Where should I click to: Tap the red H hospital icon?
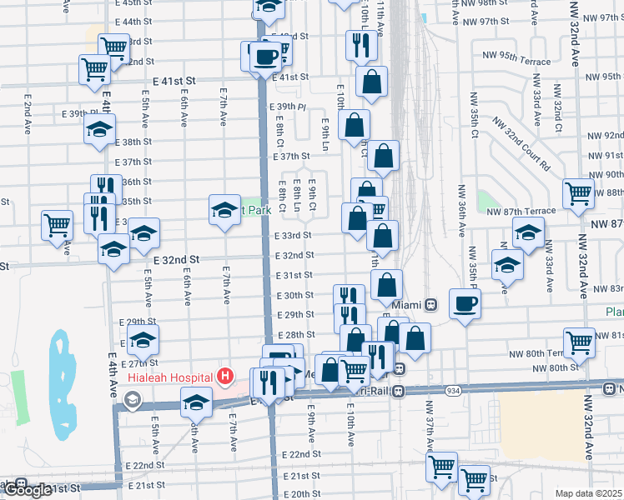[224, 377]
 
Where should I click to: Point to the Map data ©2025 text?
[588, 493]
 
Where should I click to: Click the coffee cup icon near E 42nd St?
[266, 57]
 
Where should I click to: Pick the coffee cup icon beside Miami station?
[465, 303]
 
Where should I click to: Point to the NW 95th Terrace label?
[516, 61]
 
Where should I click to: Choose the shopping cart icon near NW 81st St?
[578, 340]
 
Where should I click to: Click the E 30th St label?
[294, 295]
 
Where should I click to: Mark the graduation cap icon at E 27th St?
[143, 339]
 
